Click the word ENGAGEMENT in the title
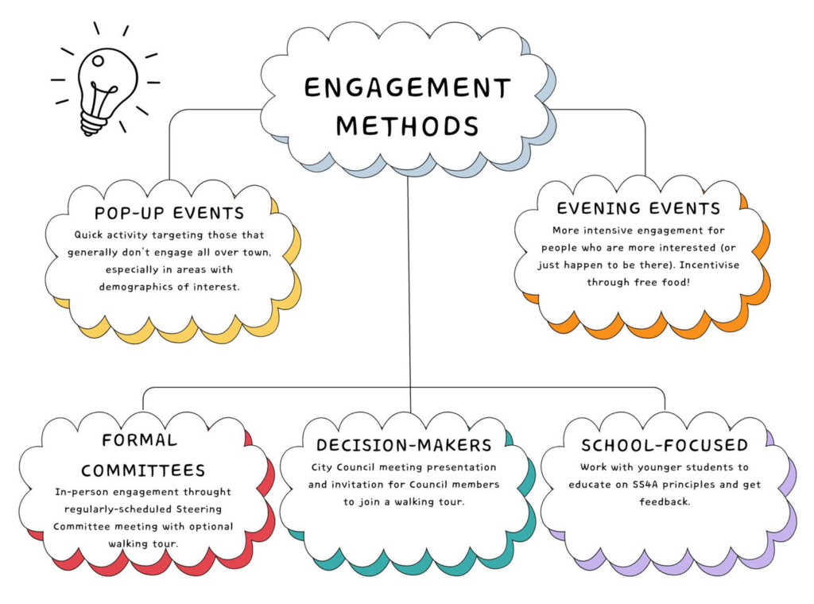tap(407, 88)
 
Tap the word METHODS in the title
tap(407, 126)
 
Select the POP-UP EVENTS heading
tap(169, 213)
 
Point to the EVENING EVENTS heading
tap(638, 208)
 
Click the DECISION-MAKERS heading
tap(404, 444)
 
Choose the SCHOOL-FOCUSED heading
tap(665, 445)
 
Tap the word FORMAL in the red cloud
tap(140, 440)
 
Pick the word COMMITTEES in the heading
tap(143, 470)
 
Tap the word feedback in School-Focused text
tap(665, 503)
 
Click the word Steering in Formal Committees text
tap(196, 509)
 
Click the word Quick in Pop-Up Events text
tap(91, 235)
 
